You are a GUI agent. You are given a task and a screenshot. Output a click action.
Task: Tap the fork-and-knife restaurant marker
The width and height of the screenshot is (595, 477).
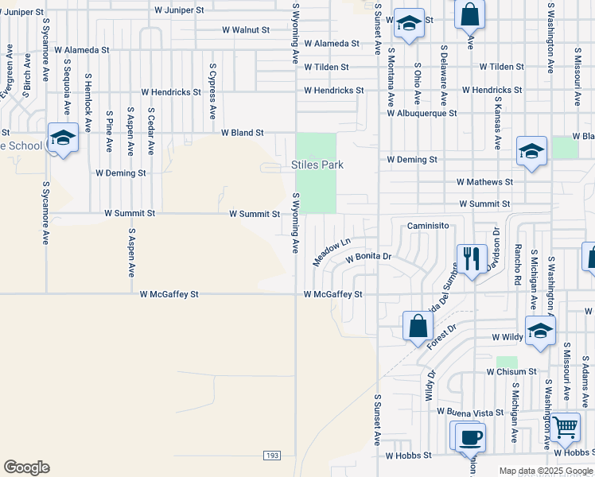pyautogui.click(x=471, y=259)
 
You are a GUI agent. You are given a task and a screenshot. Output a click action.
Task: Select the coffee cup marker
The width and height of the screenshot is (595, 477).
pyautogui.click(x=469, y=437)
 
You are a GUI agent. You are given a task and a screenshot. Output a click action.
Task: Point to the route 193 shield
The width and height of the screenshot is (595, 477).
pyautogui.click(x=273, y=455)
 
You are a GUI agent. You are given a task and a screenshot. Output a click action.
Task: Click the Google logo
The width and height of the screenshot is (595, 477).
pyautogui.click(x=26, y=467)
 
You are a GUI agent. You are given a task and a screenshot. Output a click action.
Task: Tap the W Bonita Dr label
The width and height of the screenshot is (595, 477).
pyautogui.click(x=368, y=258)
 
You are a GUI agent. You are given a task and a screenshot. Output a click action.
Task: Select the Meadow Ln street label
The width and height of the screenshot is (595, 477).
pyautogui.click(x=332, y=252)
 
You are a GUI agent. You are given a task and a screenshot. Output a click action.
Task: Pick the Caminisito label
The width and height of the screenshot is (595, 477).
pyautogui.click(x=430, y=226)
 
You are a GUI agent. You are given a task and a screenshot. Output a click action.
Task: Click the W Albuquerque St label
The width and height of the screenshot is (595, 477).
pyautogui.click(x=422, y=113)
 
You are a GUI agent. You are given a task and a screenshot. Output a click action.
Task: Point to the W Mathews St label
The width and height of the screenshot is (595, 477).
pyautogui.click(x=484, y=182)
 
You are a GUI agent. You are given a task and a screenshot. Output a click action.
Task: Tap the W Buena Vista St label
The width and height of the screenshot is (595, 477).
pyautogui.click(x=464, y=413)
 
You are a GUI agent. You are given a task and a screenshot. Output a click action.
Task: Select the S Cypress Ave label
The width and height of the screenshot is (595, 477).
pyautogui.click(x=212, y=91)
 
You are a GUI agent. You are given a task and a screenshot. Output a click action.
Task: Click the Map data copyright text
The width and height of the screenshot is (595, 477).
pyautogui.click(x=546, y=471)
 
